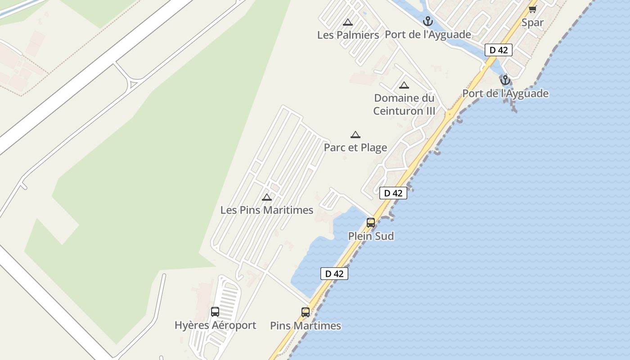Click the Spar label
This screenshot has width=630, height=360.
532,22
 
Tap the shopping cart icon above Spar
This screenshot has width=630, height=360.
533,9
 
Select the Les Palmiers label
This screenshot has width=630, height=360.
348,35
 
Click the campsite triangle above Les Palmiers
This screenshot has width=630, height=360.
347,22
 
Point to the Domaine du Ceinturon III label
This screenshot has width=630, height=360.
404,104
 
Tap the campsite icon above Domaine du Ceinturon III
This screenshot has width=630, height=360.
404,85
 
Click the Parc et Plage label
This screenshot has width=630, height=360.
355,148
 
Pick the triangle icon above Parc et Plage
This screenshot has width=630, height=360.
355,135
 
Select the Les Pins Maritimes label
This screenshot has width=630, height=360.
267,210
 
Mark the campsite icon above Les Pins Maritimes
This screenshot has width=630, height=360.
267,197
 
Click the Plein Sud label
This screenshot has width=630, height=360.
371,236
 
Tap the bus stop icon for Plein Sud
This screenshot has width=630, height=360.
371,222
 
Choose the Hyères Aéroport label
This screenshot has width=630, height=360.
215,325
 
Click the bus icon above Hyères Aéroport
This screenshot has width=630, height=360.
215,311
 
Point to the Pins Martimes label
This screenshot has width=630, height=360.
306,326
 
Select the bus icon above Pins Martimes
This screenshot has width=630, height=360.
306,312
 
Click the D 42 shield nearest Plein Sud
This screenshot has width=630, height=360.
393,193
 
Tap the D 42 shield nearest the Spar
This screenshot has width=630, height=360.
499,50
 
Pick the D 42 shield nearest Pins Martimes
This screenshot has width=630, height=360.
334,274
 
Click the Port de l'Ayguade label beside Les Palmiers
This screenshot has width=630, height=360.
428,35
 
